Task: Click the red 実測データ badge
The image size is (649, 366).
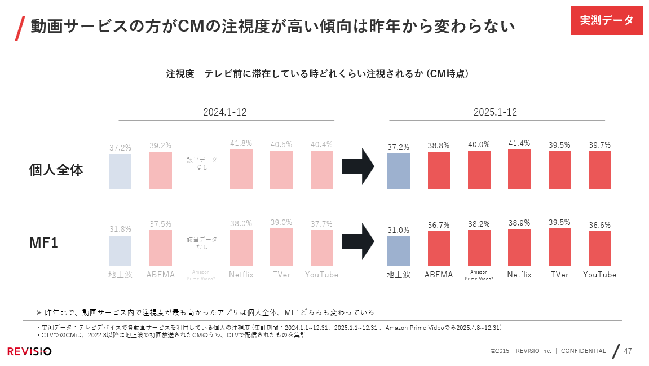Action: tap(607, 20)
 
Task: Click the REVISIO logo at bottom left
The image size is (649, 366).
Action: tap(29, 351)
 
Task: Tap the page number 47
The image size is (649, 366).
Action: tap(628, 351)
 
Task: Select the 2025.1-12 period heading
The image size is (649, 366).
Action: tap(495, 112)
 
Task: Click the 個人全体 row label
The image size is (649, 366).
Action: tap(56, 170)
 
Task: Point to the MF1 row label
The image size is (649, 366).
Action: tap(44, 244)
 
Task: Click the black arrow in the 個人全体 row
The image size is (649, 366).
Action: tap(358, 166)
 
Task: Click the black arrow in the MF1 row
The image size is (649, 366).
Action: tap(358, 241)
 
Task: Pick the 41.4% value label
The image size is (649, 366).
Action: tap(519, 144)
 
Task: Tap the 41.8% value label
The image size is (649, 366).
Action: tap(241, 143)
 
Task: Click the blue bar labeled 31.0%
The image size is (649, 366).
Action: tap(399, 250)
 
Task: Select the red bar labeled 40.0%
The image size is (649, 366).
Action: tap(479, 170)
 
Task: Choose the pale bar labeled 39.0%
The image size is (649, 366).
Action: tap(281, 246)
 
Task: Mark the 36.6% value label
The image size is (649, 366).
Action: tap(599, 225)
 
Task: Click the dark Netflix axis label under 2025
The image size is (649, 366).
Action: tap(519, 275)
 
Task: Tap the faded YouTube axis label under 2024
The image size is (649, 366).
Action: tap(321, 275)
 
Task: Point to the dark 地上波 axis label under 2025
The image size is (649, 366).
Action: tap(399, 275)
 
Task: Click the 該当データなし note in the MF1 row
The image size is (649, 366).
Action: tap(201, 243)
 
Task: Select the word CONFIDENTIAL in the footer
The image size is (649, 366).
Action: tap(583, 351)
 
